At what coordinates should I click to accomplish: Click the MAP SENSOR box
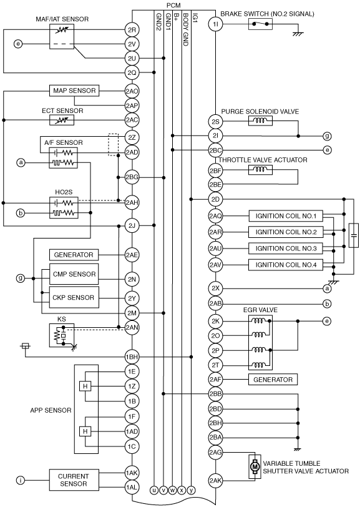pos(74,91)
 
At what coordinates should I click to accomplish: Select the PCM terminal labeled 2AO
pos(132,91)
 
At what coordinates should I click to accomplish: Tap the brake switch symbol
pos(260,24)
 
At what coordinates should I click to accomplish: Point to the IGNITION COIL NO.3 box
pos(286,249)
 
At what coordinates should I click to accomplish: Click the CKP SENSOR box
pos(74,297)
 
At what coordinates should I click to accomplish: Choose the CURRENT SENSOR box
pos(74,480)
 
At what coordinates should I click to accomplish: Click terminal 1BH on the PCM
pos(132,357)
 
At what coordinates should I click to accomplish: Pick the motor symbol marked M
pos(255,466)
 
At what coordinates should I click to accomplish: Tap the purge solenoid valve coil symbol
pos(260,121)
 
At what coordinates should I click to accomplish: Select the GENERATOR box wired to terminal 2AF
pos(273,379)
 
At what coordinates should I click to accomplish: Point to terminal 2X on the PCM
pos(215,288)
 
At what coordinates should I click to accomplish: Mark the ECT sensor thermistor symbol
pos(62,121)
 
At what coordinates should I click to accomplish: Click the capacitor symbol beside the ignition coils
pos(354,235)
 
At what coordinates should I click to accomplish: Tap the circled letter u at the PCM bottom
pos(154,490)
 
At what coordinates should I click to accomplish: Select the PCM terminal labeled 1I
pos(215,24)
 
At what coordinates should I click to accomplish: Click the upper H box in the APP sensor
pos(85,386)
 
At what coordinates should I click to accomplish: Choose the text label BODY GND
pos(185,29)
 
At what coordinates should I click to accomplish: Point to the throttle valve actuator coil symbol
pos(260,170)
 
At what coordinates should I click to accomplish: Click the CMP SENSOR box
pos(74,274)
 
